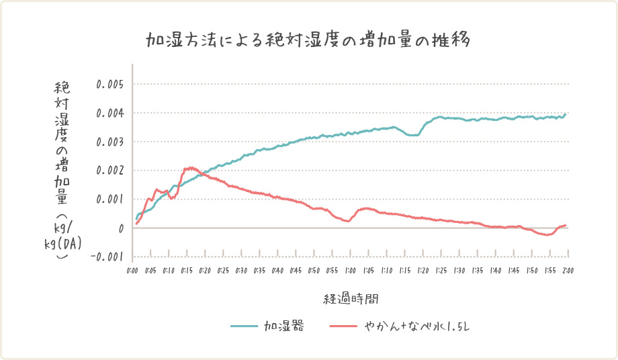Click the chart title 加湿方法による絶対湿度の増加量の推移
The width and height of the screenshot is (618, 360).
(x=308, y=39)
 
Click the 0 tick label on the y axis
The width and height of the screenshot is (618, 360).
(x=122, y=228)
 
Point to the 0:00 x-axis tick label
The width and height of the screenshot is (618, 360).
(x=132, y=270)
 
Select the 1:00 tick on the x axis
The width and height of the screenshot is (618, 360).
(x=351, y=270)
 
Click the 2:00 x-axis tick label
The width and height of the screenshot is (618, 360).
(x=568, y=270)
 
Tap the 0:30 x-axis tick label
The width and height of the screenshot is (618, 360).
(x=241, y=270)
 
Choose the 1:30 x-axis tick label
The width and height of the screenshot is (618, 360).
(x=459, y=270)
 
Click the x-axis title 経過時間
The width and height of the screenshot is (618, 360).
(x=351, y=297)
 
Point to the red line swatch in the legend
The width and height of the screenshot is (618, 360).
(x=344, y=327)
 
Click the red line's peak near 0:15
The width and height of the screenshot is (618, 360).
(x=191, y=168)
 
